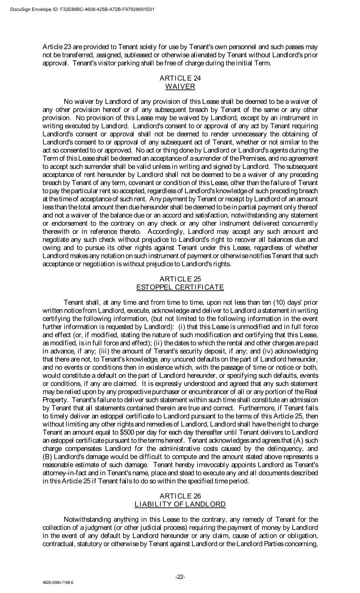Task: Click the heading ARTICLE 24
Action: (x=180, y=78)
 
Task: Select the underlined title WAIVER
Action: (x=180, y=86)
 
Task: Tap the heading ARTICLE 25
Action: (x=180, y=279)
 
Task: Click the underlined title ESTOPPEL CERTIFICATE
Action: (x=180, y=287)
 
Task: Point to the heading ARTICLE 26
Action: (x=180, y=496)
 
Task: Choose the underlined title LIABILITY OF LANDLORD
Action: (x=180, y=504)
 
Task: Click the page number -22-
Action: (x=180, y=576)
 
